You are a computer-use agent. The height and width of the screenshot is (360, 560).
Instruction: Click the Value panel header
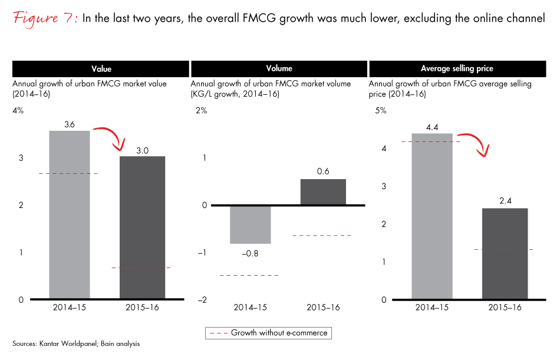[x=101, y=69]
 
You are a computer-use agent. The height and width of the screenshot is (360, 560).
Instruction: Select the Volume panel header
[x=279, y=69]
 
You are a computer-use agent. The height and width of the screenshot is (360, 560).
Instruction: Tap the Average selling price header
[x=457, y=69]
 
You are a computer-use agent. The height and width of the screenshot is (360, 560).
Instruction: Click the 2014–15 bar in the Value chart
[x=70, y=215]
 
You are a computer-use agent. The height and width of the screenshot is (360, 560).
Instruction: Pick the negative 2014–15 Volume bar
[x=250, y=224]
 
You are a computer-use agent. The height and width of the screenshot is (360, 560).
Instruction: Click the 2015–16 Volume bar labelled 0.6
[x=323, y=192]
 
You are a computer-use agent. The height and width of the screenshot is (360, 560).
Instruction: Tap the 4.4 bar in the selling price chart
[x=432, y=216]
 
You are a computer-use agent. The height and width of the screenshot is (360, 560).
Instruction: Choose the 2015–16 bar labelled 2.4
[x=505, y=254]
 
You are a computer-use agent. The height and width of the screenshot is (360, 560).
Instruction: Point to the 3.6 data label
[x=70, y=124]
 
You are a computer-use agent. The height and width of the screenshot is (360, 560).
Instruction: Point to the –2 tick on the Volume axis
[x=202, y=300]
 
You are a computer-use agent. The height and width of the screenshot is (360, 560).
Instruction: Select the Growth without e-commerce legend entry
[x=268, y=333]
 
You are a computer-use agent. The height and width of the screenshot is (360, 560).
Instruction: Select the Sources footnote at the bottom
[x=76, y=343]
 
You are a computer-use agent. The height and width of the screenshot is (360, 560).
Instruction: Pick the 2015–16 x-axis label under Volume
[x=323, y=308]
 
